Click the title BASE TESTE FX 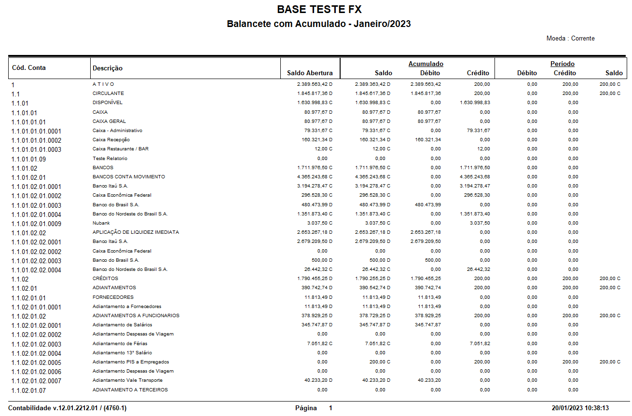click(319, 9)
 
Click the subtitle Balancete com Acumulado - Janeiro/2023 click(319, 24)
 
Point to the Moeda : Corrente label click(570, 39)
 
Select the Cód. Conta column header click(29, 68)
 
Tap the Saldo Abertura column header click(310, 73)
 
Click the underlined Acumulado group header click(426, 64)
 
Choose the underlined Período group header click(562, 64)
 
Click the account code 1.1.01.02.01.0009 click(36, 224)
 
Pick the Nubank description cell click(101, 223)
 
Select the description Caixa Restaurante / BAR click(121, 149)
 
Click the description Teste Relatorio click(110, 158)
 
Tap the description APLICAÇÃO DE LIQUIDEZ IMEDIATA click(136, 232)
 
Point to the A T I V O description click(103, 84)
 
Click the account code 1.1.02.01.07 click(28, 390)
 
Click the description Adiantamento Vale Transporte click(127, 380)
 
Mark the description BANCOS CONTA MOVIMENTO click(129, 177)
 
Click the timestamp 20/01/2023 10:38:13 click(581, 408)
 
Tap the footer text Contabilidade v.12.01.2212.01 click(67, 408)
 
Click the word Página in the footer click(306, 408)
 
